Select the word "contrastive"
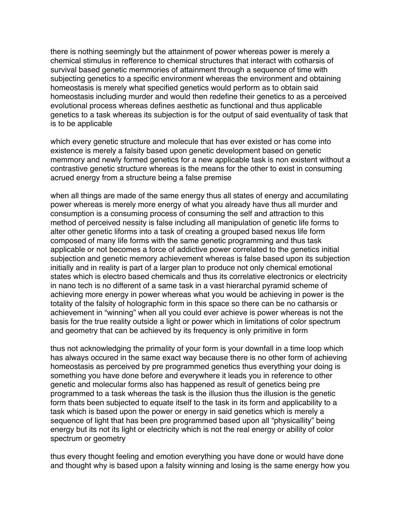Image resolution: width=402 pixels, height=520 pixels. (x=69, y=169)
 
